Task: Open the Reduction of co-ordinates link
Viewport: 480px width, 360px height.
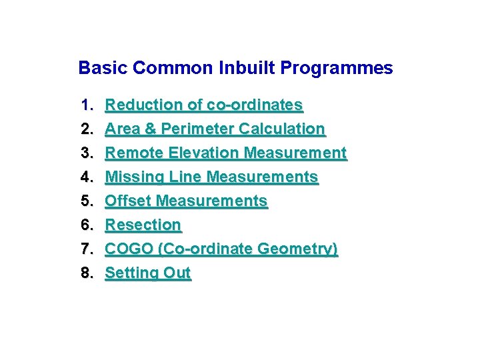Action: coord(204,105)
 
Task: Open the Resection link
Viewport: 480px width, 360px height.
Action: coord(143,225)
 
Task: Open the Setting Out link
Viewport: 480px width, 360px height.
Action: coord(148,273)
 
